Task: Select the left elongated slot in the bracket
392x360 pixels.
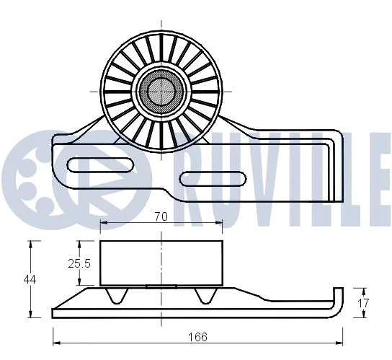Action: (99, 164)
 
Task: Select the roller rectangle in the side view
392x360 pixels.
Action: (161, 263)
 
